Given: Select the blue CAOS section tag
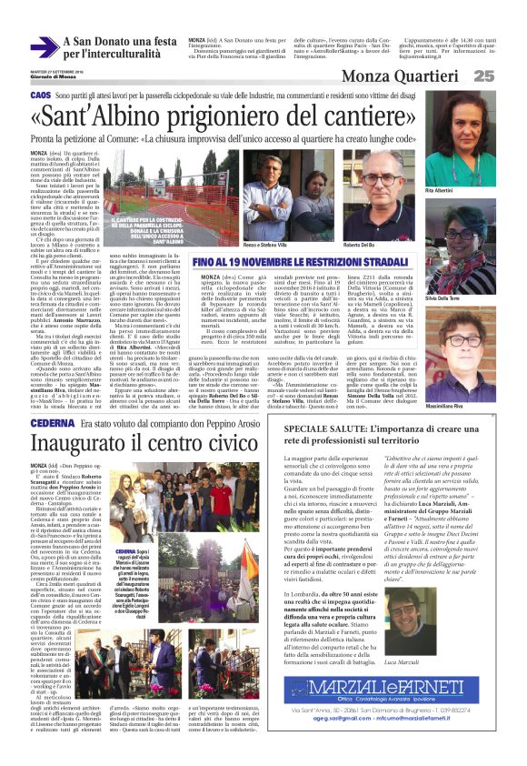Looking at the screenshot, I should (41, 96).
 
